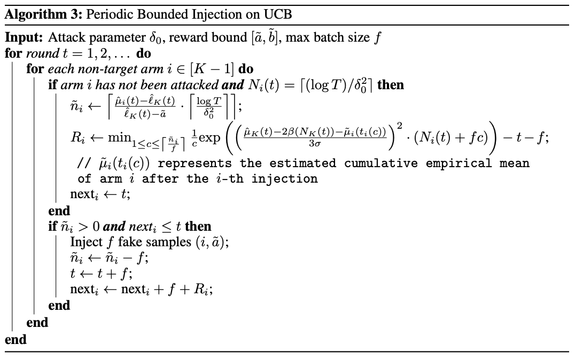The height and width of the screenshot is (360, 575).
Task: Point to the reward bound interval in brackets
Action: click(x=265, y=37)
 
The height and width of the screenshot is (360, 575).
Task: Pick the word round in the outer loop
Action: click(x=43, y=54)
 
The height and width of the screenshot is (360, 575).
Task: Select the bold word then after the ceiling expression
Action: click(x=391, y=85)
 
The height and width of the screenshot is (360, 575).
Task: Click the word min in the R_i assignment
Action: click(x=120, y=137)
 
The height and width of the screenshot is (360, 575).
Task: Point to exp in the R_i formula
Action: click(x=209, y=138)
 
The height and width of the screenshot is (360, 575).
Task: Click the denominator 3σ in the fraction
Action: click(x=315, y=143)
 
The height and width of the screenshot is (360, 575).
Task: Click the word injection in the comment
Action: click(x=284, y=179)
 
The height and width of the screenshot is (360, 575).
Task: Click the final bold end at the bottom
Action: click(x=15, y=340)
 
